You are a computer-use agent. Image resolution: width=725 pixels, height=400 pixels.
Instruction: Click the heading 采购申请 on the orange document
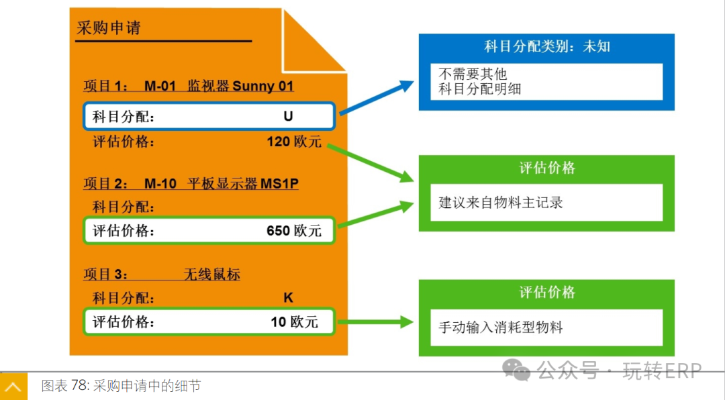[109, 29]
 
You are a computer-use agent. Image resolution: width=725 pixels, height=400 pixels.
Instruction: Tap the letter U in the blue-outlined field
[288, 116]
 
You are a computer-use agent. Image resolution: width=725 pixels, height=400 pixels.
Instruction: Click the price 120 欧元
[294, 142]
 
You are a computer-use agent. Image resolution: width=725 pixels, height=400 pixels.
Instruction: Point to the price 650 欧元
[294, 231]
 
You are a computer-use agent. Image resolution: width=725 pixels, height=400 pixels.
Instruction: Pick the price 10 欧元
[294, 321]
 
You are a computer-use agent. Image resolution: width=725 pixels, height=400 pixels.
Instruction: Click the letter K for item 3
[288, 298]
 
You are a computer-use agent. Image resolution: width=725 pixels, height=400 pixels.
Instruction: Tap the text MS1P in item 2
[279, 184]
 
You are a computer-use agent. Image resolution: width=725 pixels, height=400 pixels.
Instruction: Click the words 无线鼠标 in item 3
[211, 274]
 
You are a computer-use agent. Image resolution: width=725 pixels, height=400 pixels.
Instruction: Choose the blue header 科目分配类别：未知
[546, 47]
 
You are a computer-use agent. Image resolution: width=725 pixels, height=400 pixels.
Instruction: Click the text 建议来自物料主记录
[501, 202]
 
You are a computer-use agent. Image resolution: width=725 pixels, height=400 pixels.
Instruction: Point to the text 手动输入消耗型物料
[501, 328]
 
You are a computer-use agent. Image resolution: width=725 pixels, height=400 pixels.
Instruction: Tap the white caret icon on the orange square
[13, 387]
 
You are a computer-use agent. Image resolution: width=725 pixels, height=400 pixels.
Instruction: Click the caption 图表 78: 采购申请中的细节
[121, 386]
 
